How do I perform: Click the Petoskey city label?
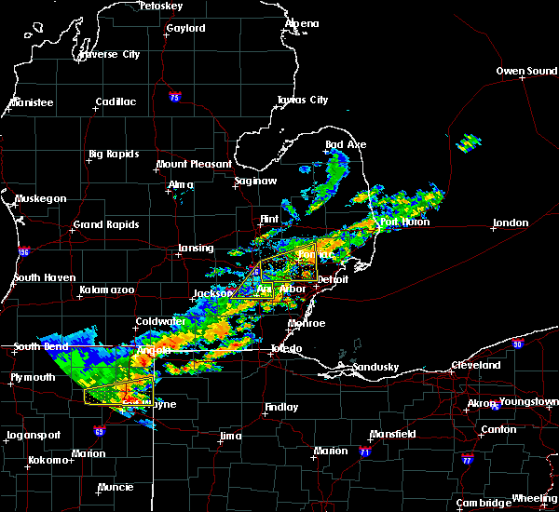[x=160, y=6]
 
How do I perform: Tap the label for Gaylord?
[x=185, y=29]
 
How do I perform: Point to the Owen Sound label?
[x=526, y=71]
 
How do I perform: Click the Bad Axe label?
[x=346, y=144]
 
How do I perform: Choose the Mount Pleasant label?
[x=194, y=164]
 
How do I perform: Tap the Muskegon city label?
[x=41, y=198]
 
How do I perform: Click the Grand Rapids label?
[x=106, y=224]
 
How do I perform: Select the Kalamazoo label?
[x=106, y=290]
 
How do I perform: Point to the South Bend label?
[x=41, y=347]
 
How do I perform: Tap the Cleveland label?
[x=476, y=366]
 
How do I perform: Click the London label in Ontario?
[x=511, y=223]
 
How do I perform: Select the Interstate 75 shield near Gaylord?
[x=174, y=97]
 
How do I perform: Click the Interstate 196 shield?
[x=23, y=252]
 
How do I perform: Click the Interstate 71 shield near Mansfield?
[x=365, y=452]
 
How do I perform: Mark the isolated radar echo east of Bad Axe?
[x=469, y=143]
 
